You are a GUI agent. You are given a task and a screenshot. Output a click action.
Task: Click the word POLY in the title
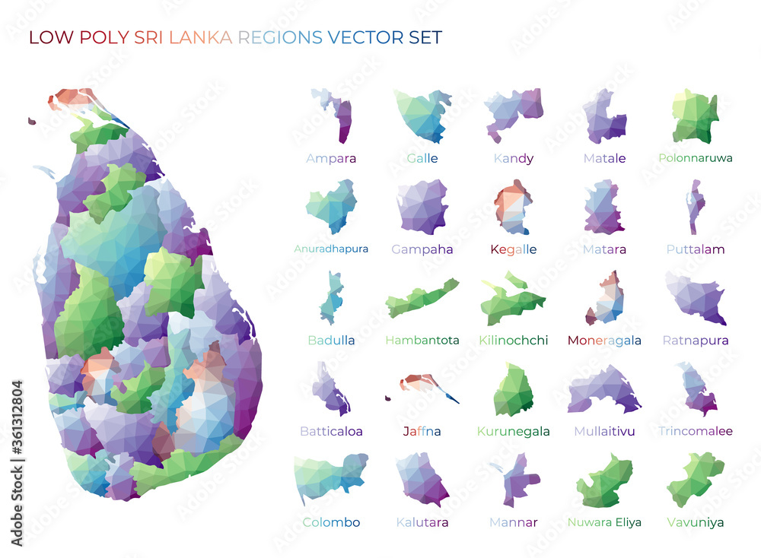102,37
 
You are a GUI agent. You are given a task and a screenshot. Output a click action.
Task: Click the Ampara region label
331,159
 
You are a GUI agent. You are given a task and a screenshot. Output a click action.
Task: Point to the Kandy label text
514,159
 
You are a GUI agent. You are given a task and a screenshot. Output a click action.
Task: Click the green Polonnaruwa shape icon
695,116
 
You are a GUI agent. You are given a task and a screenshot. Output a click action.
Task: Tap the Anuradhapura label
331,249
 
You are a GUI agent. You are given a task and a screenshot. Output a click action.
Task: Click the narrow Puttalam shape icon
695,207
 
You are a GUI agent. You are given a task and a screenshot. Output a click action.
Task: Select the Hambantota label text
422,340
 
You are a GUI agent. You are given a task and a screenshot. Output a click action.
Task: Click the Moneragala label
604,340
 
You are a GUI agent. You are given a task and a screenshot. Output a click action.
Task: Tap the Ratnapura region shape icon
694,296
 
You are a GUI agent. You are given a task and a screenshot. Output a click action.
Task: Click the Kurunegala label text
514,431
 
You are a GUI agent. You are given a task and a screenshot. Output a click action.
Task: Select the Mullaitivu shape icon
604,389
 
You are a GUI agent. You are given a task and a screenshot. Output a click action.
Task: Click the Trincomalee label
695,431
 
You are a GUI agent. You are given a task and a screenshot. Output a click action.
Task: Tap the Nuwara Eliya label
604,522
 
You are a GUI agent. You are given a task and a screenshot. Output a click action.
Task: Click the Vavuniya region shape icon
695,479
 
